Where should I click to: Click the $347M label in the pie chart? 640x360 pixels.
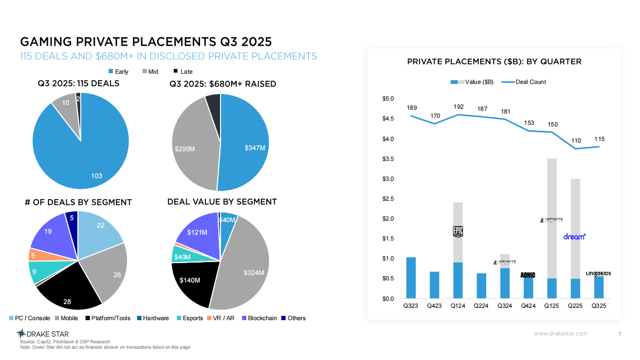pos(255,147)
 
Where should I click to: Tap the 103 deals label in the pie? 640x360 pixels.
pos(96,176)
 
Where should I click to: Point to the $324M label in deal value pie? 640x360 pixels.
pos(254,273)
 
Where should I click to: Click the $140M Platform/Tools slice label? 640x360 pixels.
pos(190,280)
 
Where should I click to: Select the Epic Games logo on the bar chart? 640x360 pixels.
pos(458,231)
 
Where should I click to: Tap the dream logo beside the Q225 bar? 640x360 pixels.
pos(574,236)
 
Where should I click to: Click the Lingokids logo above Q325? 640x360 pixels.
pos(598,273)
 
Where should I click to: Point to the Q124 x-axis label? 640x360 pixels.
pos(458,306)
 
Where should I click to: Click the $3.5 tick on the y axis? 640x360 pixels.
pos(388,159)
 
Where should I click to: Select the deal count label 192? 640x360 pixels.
pos(458,107)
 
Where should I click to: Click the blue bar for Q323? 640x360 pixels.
pos(411,278)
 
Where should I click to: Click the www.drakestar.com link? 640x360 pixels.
pos(560,334)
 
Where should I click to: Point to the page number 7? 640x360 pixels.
pos(620,334)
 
